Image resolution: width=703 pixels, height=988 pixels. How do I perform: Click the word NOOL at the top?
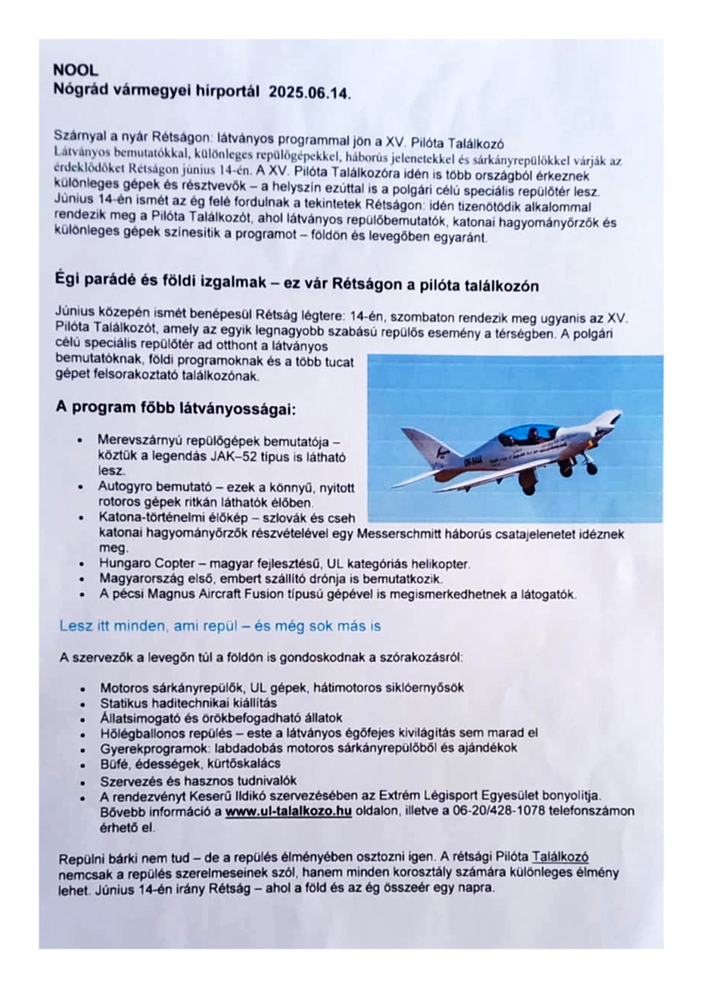[x=76, y=70]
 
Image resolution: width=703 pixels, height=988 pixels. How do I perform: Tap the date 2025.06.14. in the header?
[x=310, y=94]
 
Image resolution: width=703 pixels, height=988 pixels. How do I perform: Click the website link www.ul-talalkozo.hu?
[x=288, y=812]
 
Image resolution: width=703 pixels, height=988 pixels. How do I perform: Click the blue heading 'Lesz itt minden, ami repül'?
[x=219, y=626]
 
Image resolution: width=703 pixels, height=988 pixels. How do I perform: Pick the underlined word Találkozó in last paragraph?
[x=560, y=857]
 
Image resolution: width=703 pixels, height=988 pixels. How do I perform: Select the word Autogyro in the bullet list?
[x=124, y=487]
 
